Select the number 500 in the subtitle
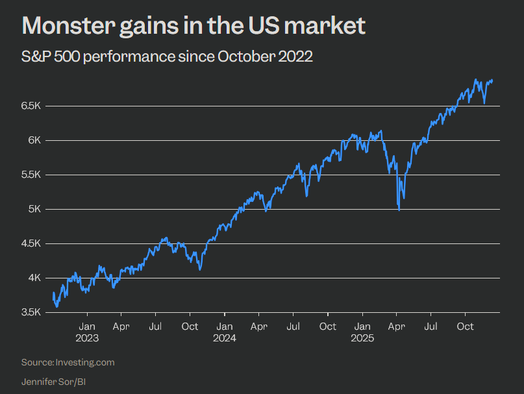pos(77,57)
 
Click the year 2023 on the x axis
pos(88,338)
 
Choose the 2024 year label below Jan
pos(225,338)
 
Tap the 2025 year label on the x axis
pos(362,338)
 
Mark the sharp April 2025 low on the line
pos(399,210)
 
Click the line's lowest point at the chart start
pos(57,306)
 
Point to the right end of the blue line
pos(492,80)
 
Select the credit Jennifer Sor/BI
pos(53,381)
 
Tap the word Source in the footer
pos(36,362)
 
